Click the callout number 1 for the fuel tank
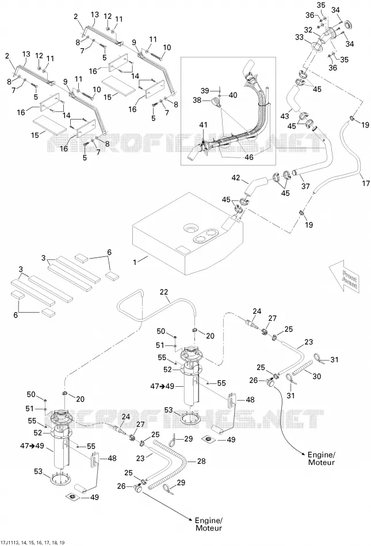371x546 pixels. pos(136,262)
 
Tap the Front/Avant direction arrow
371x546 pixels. pos(346,278)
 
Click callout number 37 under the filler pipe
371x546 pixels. pos(305,186)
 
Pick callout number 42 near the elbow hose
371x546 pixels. pos(236,178)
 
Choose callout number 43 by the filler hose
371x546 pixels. pos(285,117)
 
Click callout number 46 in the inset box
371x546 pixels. pos(249,157)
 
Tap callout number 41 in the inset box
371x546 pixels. pos(204,125)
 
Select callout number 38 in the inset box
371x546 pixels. pos(197,100)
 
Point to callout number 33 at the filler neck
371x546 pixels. pos(300,37)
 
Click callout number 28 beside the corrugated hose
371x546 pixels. pos(201,461)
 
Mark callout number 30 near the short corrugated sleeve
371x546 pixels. pos(317,376)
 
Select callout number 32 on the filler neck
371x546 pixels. pos(308,30)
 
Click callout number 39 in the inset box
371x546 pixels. pos(205,91)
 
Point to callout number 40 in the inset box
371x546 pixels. pos(233,95)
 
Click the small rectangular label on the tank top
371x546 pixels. pos(182,249)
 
